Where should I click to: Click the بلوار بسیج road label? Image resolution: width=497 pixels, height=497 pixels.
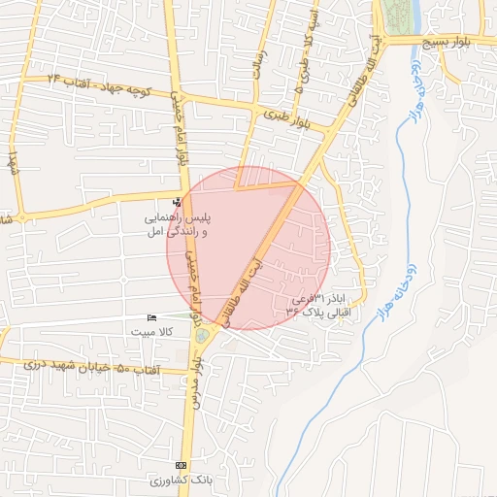[x=454, y=42]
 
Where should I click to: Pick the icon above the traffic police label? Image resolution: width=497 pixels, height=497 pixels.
[x=177, y=203]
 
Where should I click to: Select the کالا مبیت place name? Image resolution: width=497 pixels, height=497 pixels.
[x=152, y=332]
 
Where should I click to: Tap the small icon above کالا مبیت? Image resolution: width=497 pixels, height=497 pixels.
[x=151, y=317]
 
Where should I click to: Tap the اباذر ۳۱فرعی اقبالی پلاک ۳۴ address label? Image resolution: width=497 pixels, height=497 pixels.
[x=324, y=306]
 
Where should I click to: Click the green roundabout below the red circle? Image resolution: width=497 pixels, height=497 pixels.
[x=202, y=336]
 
